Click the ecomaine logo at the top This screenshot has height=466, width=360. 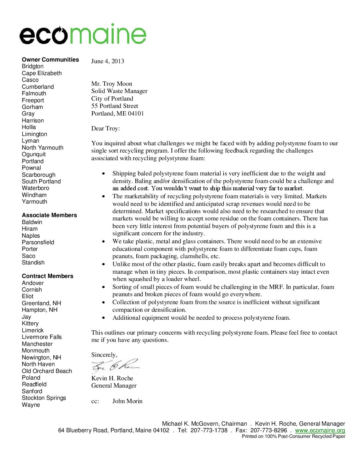(83, 34)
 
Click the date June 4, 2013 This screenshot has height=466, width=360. (108, 61)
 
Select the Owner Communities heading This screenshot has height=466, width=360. (50, 60)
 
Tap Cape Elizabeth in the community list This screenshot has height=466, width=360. (42, 73)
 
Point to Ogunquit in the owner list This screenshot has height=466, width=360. (34, 154)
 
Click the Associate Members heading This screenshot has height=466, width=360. (49, 215)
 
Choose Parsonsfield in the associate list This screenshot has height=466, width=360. (38, 242)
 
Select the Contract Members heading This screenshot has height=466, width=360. (48, 276)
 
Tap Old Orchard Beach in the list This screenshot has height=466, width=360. (47, 371)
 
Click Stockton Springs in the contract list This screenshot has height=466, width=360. (44, 398)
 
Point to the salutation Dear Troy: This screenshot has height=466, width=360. (106, 128)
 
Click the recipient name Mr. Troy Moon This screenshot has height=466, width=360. (112, 84)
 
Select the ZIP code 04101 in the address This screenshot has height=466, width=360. (136, 114)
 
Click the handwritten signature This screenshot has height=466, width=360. (115, 366)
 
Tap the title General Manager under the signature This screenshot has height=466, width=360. (114, 386)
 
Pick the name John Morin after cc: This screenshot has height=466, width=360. (127, 401)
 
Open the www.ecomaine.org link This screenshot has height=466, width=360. (320, 430)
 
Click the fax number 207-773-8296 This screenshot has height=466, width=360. (269, 430)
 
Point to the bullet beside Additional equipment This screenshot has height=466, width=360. (104, 318)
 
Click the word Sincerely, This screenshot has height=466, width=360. (104, 355)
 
